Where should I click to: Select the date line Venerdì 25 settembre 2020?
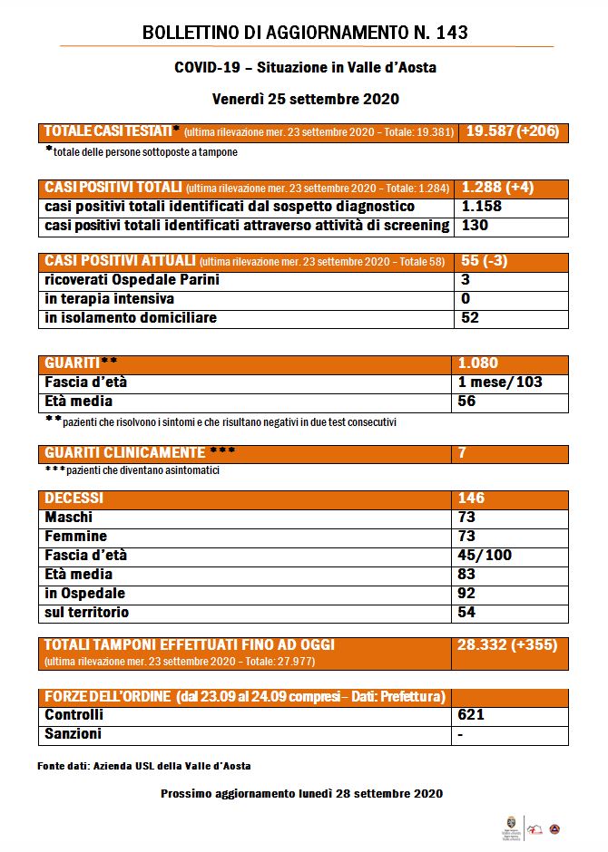(306, 98)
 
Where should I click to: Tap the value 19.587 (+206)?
(513, 131)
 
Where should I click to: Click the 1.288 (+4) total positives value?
(497, 188)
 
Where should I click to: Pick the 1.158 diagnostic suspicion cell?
(483, 207)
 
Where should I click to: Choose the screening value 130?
(475, 226)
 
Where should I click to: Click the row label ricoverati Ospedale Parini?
(132, 280)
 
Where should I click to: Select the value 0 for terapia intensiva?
(466, 299)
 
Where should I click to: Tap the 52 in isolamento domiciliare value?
(470, 318)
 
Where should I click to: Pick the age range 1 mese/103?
(500, 382)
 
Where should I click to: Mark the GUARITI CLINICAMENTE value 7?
(463, 452)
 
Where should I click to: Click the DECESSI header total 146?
(472, 498)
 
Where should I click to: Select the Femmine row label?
(76, 537)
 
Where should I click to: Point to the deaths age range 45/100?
(485, 556)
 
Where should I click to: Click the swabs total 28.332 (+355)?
(507, 644)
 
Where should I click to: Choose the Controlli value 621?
(472, 715)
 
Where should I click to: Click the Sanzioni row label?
(74, 734)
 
